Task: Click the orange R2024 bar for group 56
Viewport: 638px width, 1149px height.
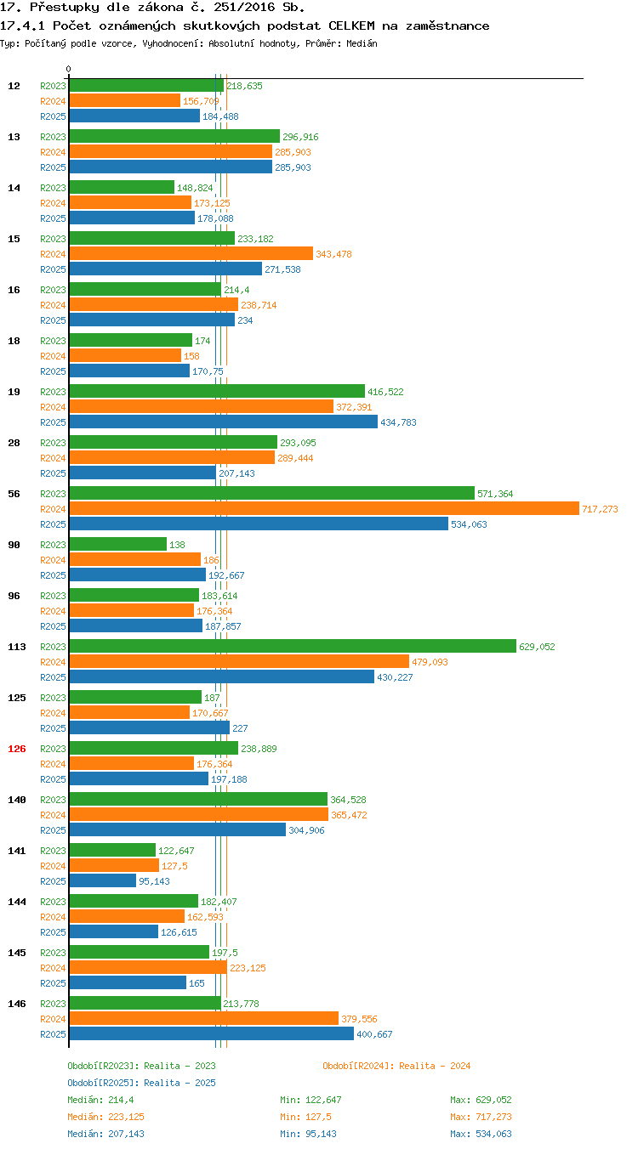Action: pyautogui.click(x=324, y=508)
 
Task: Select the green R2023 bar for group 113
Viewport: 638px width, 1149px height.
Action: pyautogui.click(x=293, y=646)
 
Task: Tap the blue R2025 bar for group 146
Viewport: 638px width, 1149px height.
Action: pyautogui.click(x=212, y=1033)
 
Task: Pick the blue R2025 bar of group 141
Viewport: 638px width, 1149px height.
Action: pyautogui.click(x=103, y=880)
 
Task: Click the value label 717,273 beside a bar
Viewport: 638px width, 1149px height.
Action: pyautogui.click(x=600, y=509)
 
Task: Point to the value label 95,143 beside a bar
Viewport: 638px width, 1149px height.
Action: pyautogui.click(x=154, y=881)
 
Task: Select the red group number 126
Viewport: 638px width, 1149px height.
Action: pyautogui.click(x=16, y=749)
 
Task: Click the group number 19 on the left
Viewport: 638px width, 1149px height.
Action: pyautogui.click(x=14, y=392)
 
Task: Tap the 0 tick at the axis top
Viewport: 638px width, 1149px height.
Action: pyautogui.click(x=68, y=69)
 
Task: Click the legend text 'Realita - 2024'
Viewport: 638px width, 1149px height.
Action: pyautogui.click(x=434, y=1066)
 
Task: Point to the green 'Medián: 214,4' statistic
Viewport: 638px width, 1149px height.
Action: pyautogui.click(x=100, y=1099)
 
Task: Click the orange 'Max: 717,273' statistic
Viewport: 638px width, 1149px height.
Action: pyautogui.click(x=481, y=1116)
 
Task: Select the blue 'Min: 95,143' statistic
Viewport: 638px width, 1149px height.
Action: pyautogui.click(x=308, y=1133)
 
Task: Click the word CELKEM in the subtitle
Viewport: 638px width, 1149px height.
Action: pyautogui.click(x=351, y=25)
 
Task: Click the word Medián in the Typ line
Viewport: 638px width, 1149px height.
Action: pyautogui.click(x=362, y=43)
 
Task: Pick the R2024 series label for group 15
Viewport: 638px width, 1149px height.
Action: pyautogui.click(x=53, y=254)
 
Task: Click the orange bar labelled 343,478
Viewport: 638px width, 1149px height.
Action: pyautogui.click(x=191, y=253)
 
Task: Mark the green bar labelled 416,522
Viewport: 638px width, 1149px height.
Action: pyautogui.click(x=217, y=391)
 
